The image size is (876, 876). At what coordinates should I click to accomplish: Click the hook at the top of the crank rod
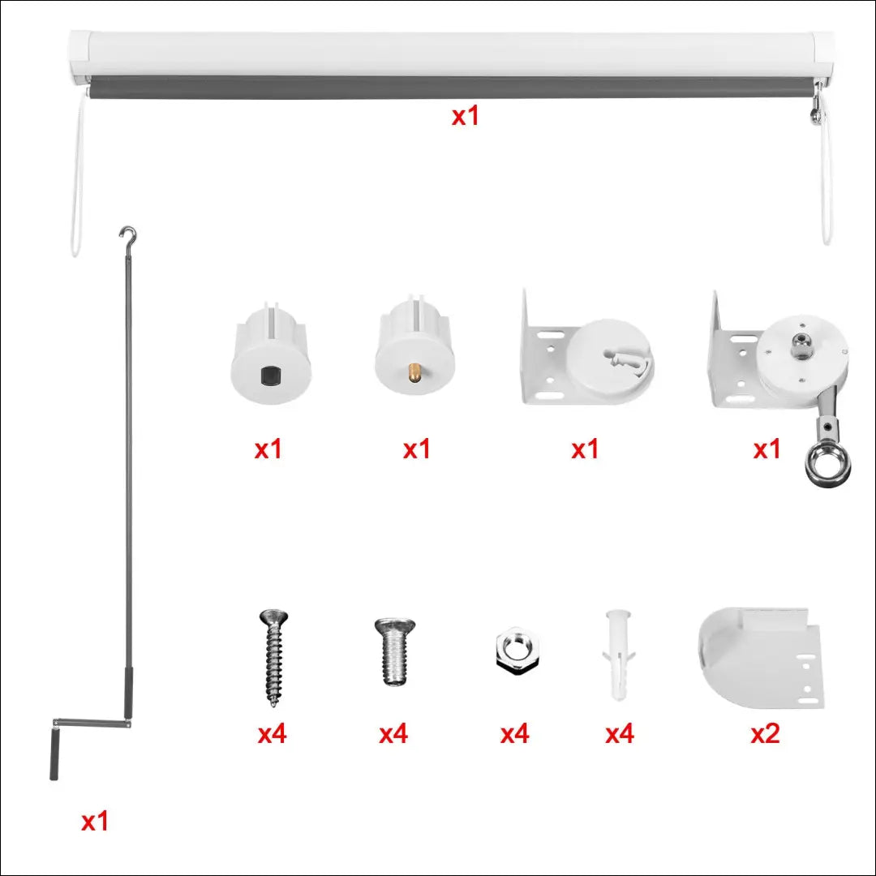tap(128, 237)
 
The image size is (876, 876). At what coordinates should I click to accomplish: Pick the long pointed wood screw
tap(273, 657)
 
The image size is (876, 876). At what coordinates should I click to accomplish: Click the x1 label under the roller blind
tap(466, 116)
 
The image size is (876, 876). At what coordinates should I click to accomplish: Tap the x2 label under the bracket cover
tap(765, 733)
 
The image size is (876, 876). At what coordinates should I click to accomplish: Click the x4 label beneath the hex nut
tap(514, 734)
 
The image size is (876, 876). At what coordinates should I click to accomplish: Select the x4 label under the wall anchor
tap(620, 734)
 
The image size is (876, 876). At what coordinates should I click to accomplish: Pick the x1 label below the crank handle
tap(94, 822)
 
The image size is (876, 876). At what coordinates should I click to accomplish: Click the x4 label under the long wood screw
tap(273, 734)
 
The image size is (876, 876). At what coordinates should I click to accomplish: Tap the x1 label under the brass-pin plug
tap(417, 449)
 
